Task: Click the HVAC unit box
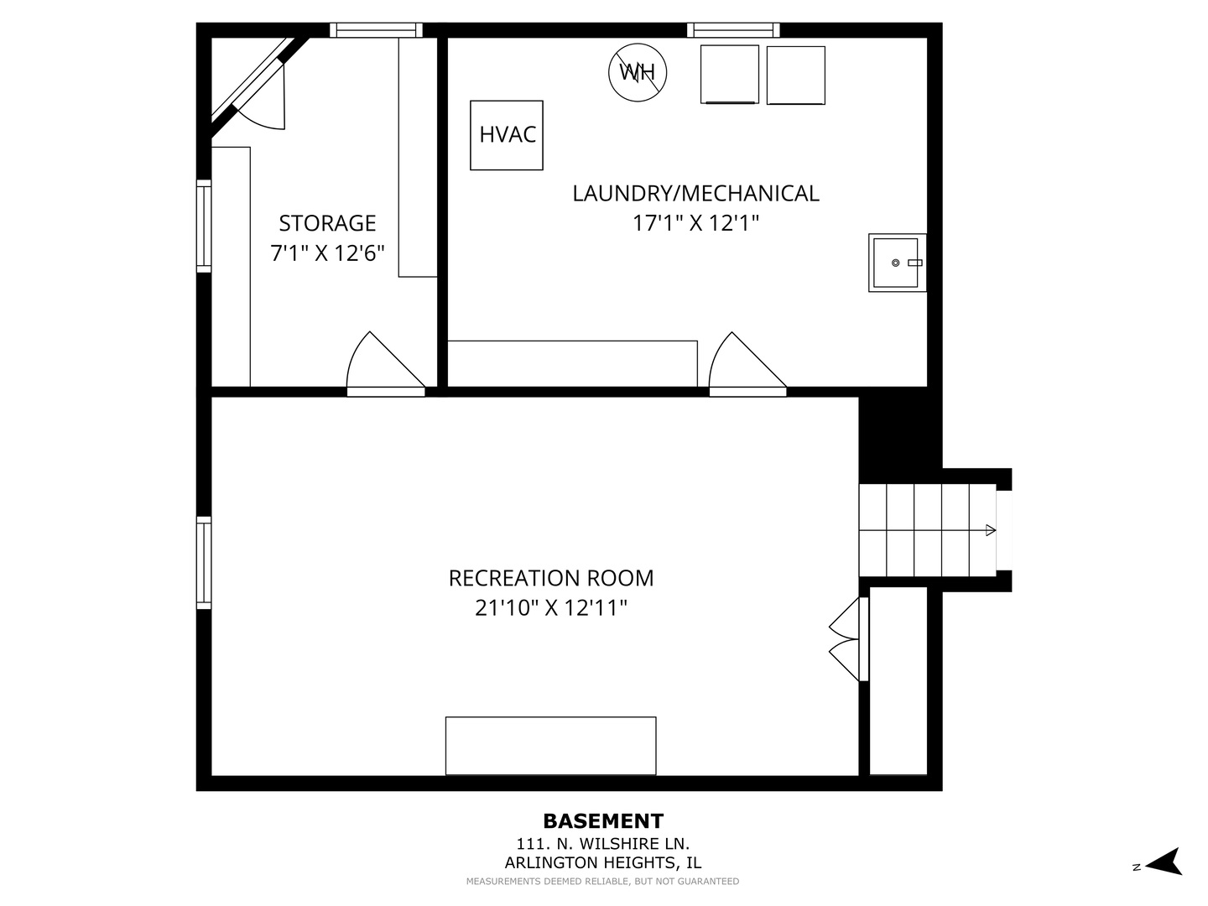[x=507, y=135]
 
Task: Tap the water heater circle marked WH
[x=638, y=72]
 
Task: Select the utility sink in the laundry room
[x=896, y=263]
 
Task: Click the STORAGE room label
[x=327, y=223]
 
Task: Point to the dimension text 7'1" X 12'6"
[x=327, y=253]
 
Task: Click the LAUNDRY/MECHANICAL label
[x=695, y=193]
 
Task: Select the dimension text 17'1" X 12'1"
[x=695, y=223]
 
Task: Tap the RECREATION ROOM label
[x=551, y=578]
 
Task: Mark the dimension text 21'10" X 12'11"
[x=551, y=607]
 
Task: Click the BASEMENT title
[x=603, y=821]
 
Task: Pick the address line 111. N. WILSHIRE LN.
[x=603, y=844]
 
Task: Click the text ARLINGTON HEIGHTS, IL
[x=603, y=862]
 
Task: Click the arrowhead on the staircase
[x=991, y=530]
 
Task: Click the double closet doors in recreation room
[x=846, y=638]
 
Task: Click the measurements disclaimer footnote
[x=603, y=882]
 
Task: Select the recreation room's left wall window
[x=204, y=562]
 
